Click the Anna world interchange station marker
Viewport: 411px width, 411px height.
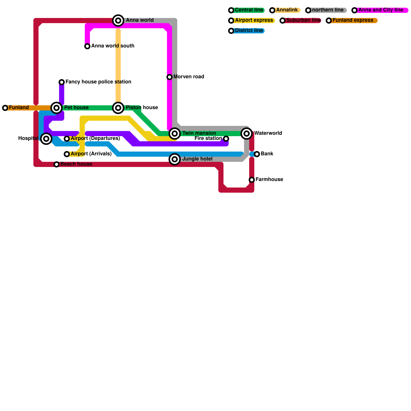tap(118, 21)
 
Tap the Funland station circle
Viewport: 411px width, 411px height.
tap(5, 108)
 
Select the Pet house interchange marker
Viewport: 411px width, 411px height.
tap(57, 108)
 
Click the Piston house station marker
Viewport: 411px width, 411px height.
tap(118, 108)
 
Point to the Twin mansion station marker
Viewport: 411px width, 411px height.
tap(175, 134)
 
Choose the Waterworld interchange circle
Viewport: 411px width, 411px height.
tap(247, 134)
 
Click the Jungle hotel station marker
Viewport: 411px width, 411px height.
tap(175, 159)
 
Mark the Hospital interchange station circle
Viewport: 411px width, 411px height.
tap(46, 139)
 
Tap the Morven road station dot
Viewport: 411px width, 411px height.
tap(170, 77)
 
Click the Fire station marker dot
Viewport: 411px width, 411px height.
tap(226, 139)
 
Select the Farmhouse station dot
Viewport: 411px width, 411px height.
tap(252, 180)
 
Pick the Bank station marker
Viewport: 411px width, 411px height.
tap(257, 154)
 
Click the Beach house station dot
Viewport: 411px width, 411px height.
tap(57, 164)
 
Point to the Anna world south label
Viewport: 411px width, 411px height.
tap(113, 46)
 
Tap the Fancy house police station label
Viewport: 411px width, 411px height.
tap(98, 82)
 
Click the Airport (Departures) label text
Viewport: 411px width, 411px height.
tap(95, 138)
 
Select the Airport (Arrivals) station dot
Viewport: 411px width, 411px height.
tap(67, 154)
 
